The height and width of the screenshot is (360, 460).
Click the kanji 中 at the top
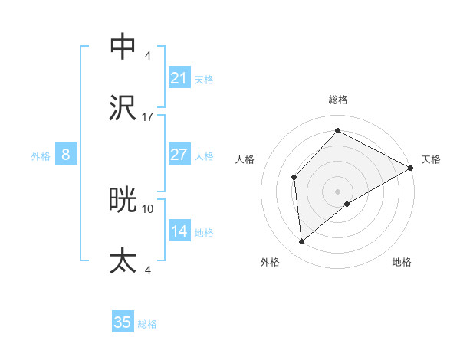click(123, 47)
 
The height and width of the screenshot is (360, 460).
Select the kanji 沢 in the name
click(123, 107)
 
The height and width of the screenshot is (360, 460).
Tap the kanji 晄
click(123, 200)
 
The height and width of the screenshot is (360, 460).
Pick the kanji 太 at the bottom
click(123, 260)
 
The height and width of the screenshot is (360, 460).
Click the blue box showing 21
click(179, 78)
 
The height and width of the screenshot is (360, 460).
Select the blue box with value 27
click(179, 155)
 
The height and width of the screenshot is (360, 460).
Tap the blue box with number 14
click(179, 231)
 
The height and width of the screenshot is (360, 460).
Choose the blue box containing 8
click(65, 155)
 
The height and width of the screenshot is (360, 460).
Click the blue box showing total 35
click(123, 322)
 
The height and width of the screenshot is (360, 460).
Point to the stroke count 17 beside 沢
click(148, 117)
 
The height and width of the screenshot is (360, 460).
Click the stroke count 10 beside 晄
click(148, 208)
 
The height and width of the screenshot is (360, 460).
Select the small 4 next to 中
click(148, 56)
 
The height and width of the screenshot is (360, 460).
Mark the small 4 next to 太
click(148, 270)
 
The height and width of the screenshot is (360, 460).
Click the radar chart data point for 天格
click(410, 169)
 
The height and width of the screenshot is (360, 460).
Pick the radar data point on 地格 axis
click(347, 204)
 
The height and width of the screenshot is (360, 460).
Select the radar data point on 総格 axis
click(337, 131)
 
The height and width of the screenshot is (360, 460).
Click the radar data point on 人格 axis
click(294, 178)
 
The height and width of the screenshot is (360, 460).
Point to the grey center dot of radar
click(337, 191)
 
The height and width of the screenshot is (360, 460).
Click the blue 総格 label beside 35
click(147, 324)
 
